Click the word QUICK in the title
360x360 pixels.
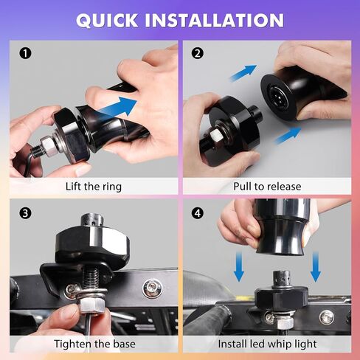[107, 20]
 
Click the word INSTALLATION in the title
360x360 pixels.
[215, 20]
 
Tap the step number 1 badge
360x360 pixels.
[25, 53]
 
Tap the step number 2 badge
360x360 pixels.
[198, 53]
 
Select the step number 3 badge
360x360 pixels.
[25, 213]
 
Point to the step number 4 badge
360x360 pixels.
[198, 213]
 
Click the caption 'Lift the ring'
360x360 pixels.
[94, 187]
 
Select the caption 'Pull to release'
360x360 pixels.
[267, 187]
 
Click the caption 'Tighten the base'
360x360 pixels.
[94, 344]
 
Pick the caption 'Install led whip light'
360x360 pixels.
[267, 344]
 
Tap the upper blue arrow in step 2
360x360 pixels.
[243, 73]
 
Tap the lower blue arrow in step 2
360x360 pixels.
[288, 135]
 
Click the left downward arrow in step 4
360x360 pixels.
[239, 266]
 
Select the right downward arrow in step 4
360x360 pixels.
[316, 266]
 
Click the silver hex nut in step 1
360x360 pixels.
[46, 146]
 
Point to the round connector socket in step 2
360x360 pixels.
[277, 96]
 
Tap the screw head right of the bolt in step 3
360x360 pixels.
[152, 288]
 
